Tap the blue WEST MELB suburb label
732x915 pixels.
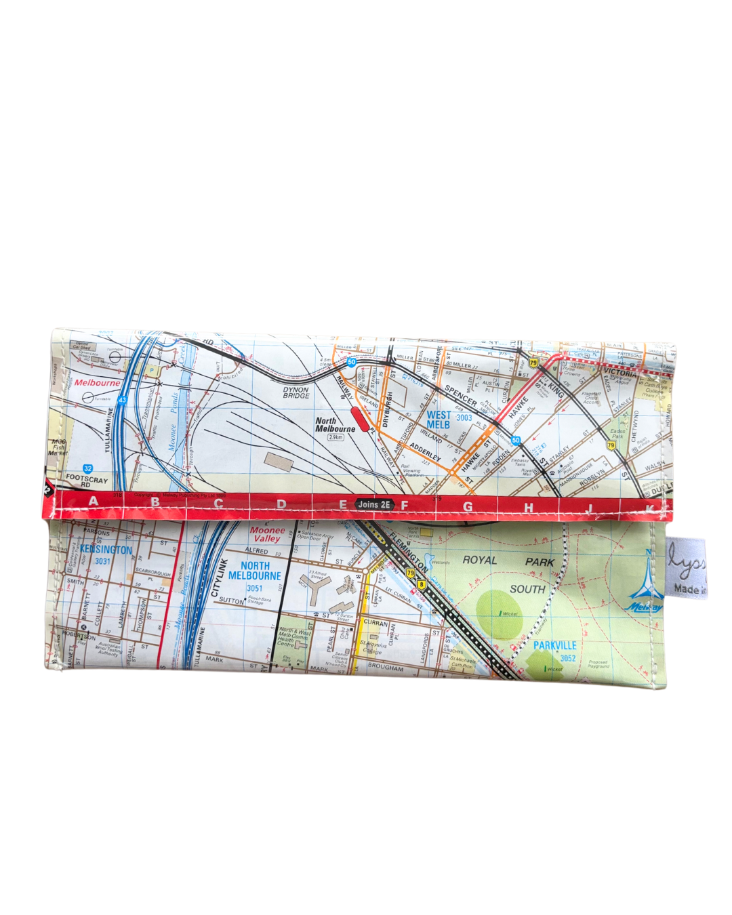(x=439, y=420)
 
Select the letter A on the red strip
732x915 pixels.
(x=94, y=502)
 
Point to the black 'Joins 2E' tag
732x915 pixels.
(x=374, y=504)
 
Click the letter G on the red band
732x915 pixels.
(x=468, y=506)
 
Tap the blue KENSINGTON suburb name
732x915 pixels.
(x=106, y=550)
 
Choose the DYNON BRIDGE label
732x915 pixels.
(x=296, y=392)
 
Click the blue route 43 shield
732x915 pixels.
(x=122, y=401)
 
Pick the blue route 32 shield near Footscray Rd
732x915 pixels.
(x=88, y=468)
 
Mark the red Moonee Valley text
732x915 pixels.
(x=267, y=534)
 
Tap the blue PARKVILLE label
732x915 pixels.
(x=554, y=645)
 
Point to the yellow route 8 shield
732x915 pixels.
(x=422, y=584)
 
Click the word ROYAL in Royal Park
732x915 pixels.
(x=480, y=561)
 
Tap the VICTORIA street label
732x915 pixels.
(x=619, y=373)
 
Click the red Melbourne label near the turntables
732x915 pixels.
(x=97, y=383)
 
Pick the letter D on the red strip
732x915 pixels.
(x=281, y=504)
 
